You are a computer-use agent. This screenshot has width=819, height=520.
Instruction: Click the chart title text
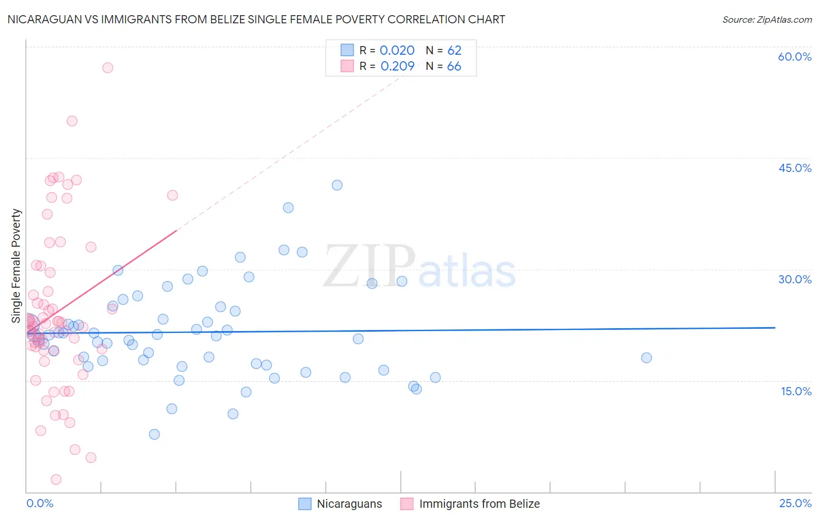pos(256,19)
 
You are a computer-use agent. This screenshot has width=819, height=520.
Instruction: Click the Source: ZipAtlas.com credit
pos(767,19)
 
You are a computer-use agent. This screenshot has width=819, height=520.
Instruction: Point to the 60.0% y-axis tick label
pos(795,57)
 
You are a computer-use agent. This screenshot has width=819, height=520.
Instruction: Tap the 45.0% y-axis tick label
pos(795,168)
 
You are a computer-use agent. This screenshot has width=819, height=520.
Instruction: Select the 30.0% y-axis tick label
pos(795,279)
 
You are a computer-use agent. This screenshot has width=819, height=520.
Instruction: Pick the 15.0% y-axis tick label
pos(796,391)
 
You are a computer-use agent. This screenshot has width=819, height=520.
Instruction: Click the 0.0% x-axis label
pos(40,503)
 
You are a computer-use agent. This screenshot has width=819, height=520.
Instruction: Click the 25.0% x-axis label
pos(795,503)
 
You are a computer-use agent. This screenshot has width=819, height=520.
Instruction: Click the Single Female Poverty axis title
pos(16,266)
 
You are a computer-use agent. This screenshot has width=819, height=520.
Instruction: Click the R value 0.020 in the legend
pos(397,51)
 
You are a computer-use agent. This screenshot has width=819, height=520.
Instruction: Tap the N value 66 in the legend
pos(454,66)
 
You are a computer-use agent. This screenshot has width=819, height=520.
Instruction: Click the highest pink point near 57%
pos(108,68)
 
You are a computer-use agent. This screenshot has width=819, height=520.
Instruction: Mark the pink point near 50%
pos(72,121)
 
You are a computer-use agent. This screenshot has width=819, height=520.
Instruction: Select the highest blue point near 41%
pos(337,185)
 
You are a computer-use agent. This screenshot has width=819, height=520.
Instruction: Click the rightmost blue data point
pos(647,358)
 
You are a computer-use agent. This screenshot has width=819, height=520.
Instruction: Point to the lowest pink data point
pos(56,479)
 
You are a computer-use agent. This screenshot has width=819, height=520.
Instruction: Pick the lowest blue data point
pos(154,434)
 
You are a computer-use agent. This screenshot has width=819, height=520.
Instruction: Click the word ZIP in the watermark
pos(369,267)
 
